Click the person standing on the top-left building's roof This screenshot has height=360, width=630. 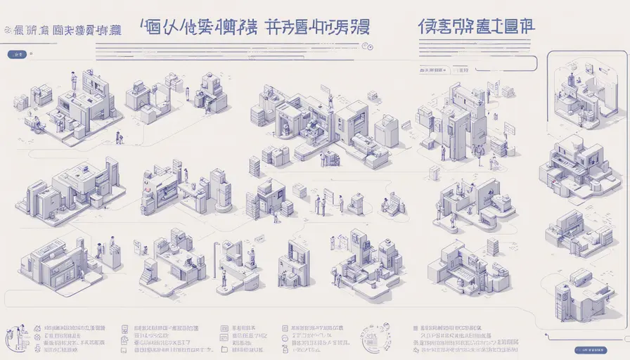point(75,79)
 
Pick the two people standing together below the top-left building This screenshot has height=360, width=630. point(119,138)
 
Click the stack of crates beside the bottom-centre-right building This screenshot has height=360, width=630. point(492,246)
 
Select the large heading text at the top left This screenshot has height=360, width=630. point(67,30)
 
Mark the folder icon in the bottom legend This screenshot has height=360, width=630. point(224,349)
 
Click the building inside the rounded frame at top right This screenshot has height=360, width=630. point(581,95)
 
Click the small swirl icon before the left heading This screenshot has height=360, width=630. point(7,31)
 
